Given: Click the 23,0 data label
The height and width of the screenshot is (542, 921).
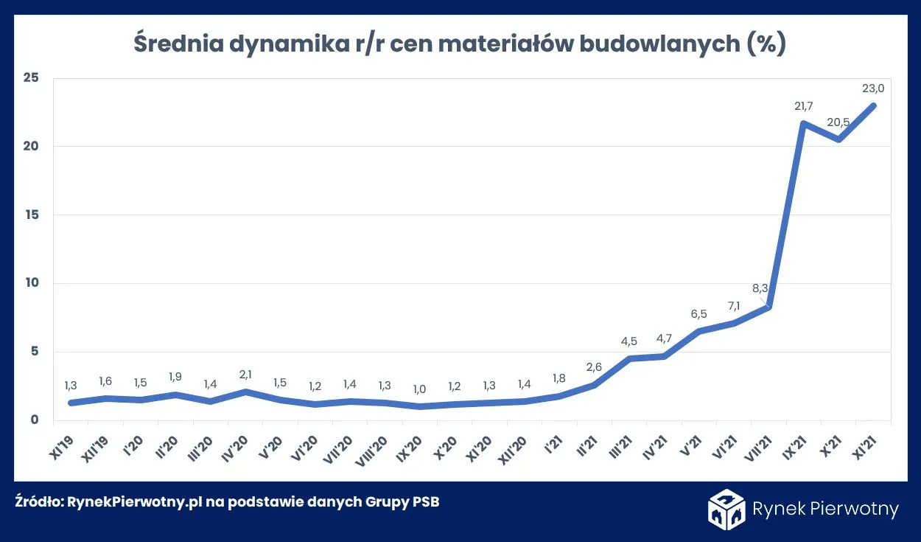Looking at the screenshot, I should pyautogui.click(x=873, y=88).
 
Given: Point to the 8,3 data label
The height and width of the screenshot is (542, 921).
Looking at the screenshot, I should pyautogui.click(x=761, y=289).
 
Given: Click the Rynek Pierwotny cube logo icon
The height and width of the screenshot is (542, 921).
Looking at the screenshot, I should pyautogui.click(x=726, y=509).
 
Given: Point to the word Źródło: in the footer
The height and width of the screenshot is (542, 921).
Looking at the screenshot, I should pyautogui.click(x=39, y=502).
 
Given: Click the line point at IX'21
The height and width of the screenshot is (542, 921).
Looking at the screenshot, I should pyautogui.click(x=804, y=123).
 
